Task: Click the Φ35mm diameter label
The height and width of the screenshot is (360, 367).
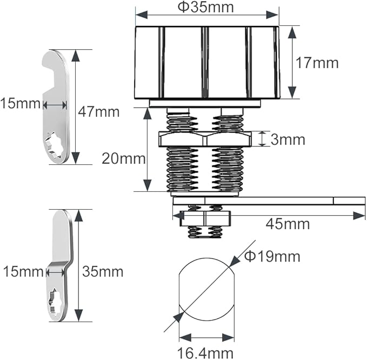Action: (x=205, y=7)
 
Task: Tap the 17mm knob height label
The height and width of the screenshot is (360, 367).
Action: (x=317, y=63)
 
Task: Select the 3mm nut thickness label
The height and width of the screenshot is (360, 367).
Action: (x=288, y=139)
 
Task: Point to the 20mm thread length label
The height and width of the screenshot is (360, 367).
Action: (x=124, y=159)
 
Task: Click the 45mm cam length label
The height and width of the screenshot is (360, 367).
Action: (x=288, y=224)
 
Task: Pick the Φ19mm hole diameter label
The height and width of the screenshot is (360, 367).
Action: (x=272, y=256)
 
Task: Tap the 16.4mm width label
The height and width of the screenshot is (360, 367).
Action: (x=205, y=353)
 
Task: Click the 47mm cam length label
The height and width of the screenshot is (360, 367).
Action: (x=99, y=112)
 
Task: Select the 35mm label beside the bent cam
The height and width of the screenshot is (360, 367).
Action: (x=103, y=271)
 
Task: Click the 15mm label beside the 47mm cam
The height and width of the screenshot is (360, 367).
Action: (x=21, y=103)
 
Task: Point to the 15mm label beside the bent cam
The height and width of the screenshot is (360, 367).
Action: (x=23, y=272)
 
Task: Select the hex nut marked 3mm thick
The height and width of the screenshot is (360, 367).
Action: (x=205, y=139)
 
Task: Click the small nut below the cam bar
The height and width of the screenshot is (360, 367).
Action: (x=205, y=218)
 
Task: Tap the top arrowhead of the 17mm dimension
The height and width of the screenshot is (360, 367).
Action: (x=292, y=32)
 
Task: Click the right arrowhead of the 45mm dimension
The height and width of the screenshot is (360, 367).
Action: (x=359, y=216)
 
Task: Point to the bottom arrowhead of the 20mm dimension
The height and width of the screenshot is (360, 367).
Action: (x=148, y=185)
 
